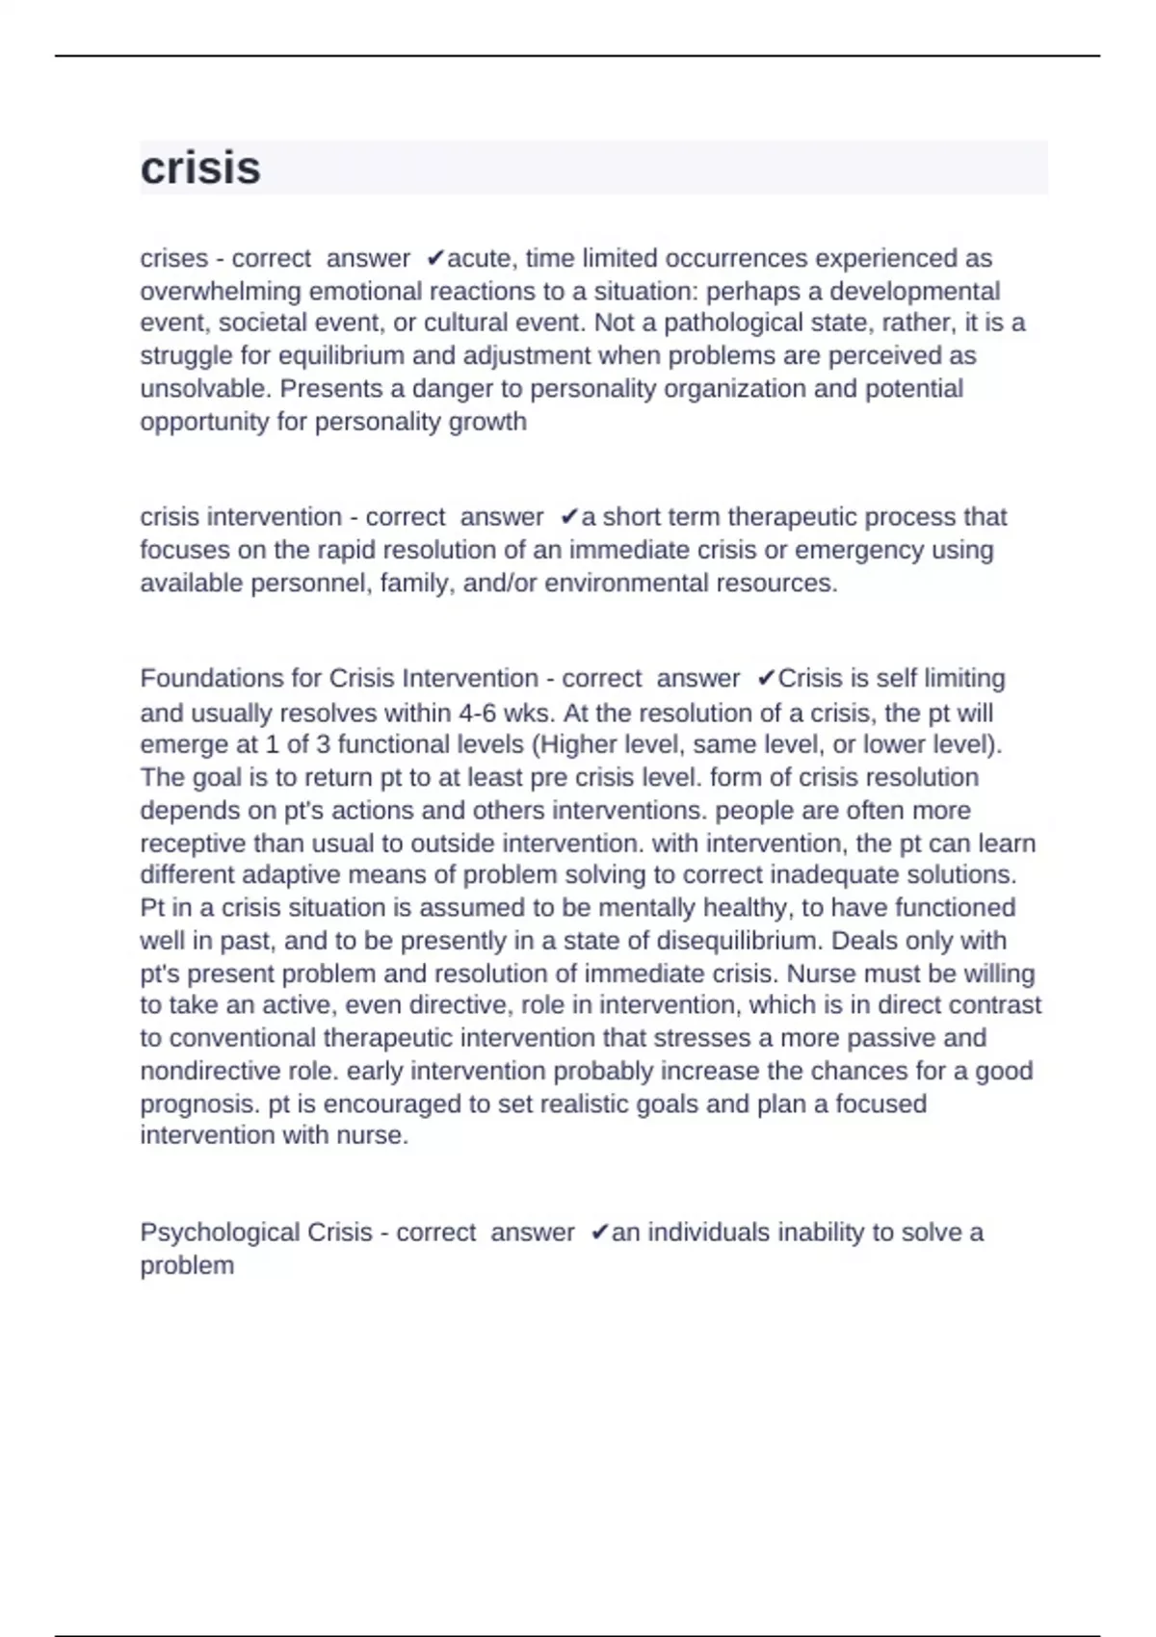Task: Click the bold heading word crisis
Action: coord(200,169)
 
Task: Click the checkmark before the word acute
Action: coord(434,258)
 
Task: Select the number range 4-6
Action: coord(478,713)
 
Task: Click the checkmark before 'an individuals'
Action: coord(598,1233)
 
